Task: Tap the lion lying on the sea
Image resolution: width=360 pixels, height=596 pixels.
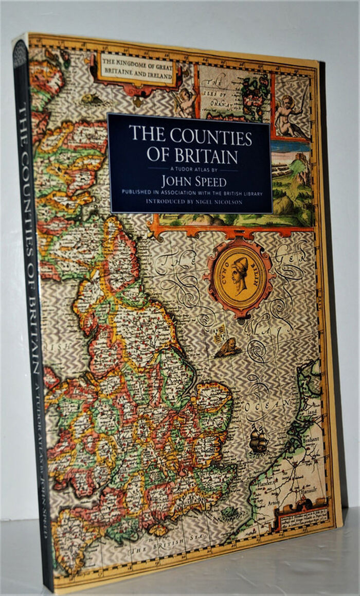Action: (x=228, y=348)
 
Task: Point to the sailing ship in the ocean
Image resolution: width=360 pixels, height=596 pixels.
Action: (x=258, y=442)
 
